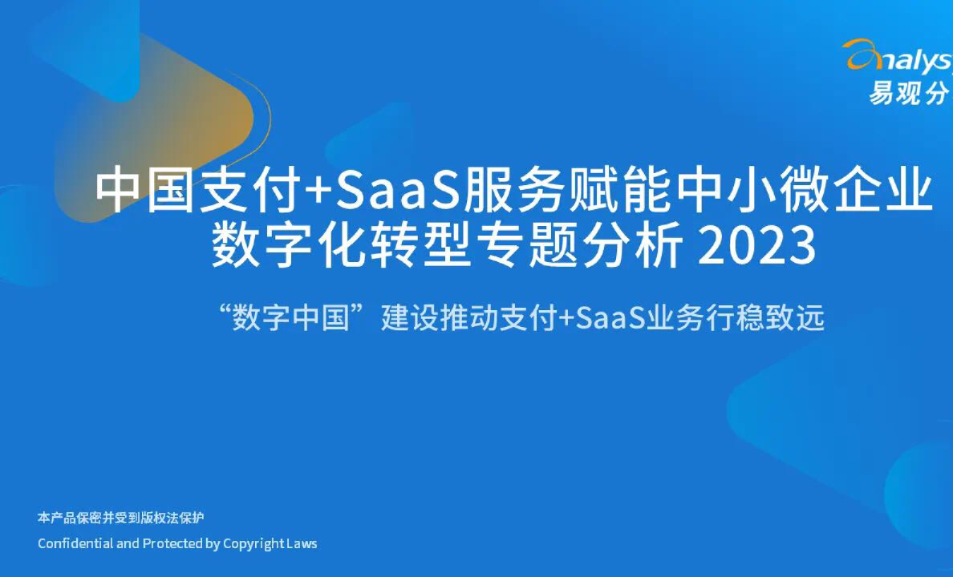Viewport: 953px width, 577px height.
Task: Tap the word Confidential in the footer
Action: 75,543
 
